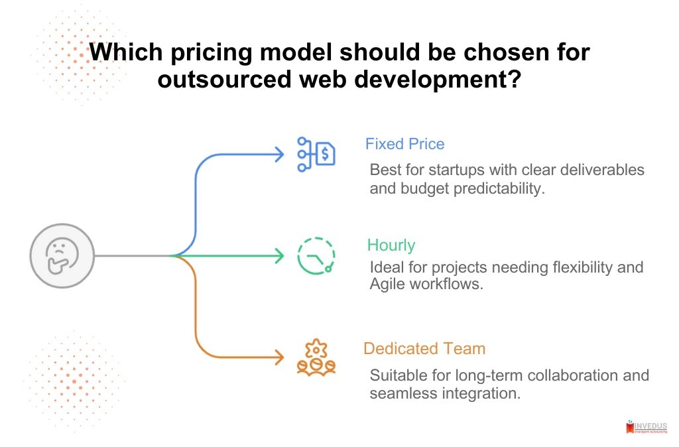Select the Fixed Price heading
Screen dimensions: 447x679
tap(404, 144)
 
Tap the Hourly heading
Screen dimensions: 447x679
tap(391, 245)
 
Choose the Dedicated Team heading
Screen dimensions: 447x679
tap(424, 348)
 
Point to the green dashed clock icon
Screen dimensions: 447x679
tap(316, 255)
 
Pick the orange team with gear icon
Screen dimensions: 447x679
tap(316, 358)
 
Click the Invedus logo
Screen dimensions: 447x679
tap(647, 428)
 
